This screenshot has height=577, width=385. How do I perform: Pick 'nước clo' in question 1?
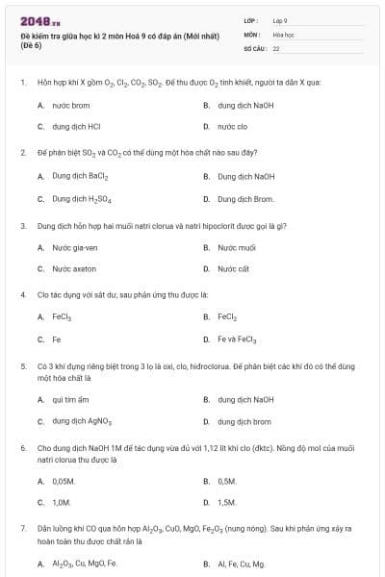(x=232, y=126)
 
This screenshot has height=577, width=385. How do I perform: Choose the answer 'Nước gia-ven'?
(x=75, y=247)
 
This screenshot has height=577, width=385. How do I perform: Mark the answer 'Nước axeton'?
(x=74, y=269)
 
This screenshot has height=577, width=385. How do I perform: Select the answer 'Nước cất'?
(x=233, y=269)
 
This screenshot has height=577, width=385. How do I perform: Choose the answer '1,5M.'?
(x=227, y=502)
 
